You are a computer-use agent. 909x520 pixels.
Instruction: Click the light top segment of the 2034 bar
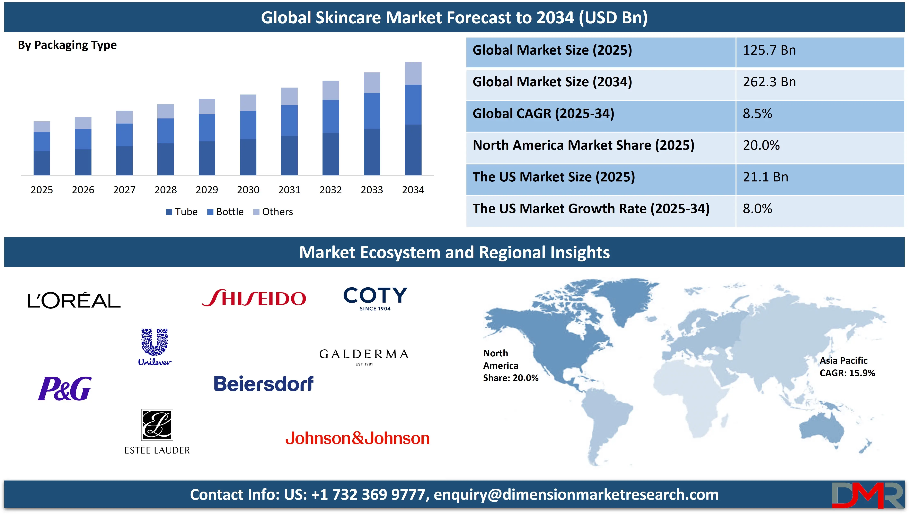pos(413,74)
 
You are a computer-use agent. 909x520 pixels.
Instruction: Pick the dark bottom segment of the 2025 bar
pos(42,163)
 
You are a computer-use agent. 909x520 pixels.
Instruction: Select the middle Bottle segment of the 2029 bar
pos(207,127)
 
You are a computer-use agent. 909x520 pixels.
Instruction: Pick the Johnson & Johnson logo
pos(357,438)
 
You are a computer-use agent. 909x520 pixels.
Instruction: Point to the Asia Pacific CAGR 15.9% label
pos(847,367)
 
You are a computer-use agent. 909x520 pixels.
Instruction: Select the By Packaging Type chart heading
pos(67,45)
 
